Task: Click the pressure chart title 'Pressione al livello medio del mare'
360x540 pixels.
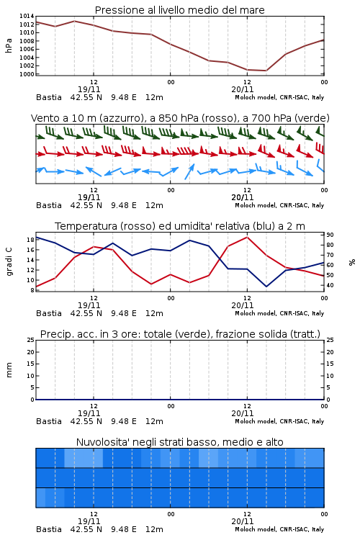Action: tap(179, 10)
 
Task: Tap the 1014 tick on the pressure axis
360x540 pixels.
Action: tap(27, 16)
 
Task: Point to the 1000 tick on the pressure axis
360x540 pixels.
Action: tap(27, 74)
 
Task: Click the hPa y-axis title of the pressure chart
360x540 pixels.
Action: tap(9, 45)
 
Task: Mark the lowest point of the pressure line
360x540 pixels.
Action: tap(266, 71)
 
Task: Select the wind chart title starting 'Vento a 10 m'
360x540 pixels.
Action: tap(180, 118)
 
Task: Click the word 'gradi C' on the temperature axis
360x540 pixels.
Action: tap(9, 261)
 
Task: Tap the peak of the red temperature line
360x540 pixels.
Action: tap(247, 237)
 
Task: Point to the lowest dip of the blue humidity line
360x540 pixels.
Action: tap(266, 287)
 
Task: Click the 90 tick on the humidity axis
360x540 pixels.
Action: tap(330, 235)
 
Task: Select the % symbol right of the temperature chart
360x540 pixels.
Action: tap(352, 262)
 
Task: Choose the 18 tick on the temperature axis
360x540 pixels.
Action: tap(30, 240)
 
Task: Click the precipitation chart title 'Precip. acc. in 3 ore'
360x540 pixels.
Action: tap(180, 334)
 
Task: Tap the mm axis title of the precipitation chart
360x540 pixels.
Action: tap(9, 370)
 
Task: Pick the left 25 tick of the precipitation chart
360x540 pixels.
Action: tap(30, 340)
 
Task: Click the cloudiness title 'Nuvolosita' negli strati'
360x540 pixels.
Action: tap(179, 442)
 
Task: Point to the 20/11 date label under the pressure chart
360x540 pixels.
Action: tap(243, 89)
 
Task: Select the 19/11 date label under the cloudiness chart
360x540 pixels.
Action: tap(89, 521)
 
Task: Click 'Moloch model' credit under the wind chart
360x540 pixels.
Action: tap(256, 205)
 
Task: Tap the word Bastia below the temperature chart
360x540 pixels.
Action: tap(49, 313)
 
